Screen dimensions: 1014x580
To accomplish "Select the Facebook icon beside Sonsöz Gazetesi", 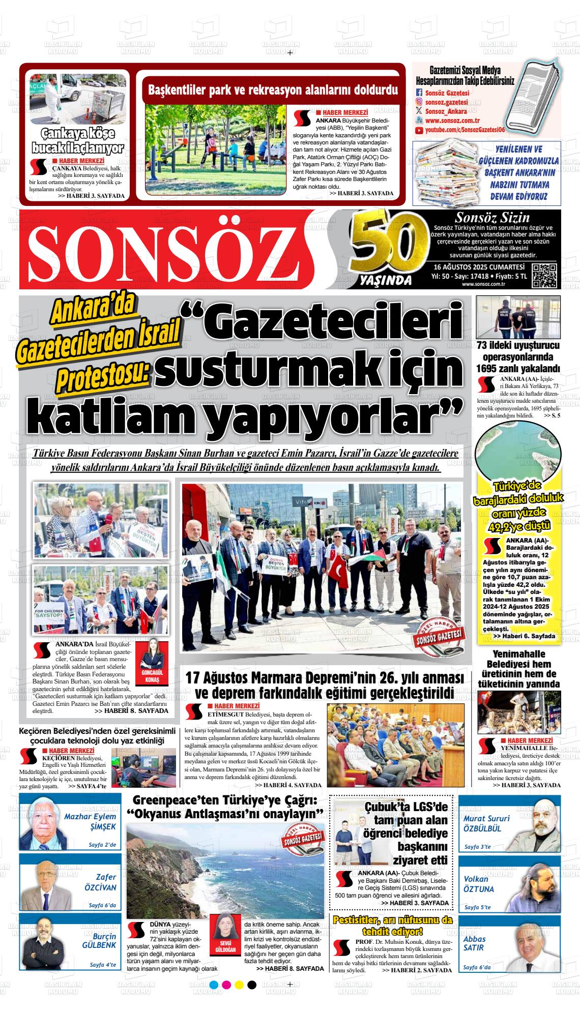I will tap(419, 93).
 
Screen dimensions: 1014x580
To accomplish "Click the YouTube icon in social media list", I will tap(419, 131).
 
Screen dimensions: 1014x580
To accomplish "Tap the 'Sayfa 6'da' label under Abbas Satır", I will tap(477, 967).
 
